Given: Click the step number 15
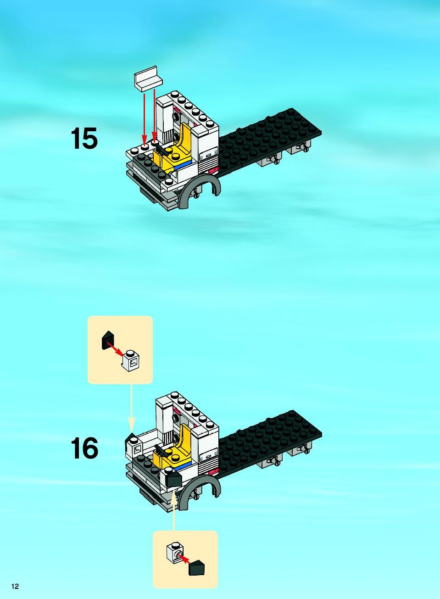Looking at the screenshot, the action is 84,139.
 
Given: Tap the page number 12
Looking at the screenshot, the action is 15,587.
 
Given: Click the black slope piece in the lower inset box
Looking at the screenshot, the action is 196,567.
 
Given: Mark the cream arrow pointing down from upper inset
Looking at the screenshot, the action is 131,408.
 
